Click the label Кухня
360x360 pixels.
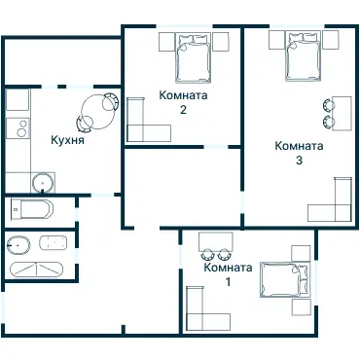67,140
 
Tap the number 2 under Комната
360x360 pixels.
183,110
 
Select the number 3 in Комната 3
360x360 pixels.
299,161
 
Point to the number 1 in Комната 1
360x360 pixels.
229,282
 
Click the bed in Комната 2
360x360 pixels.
194,57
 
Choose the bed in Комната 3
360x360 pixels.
304,55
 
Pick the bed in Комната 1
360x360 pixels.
284,280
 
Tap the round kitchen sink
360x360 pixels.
42,182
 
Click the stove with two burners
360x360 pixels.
18,128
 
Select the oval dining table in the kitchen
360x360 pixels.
97,112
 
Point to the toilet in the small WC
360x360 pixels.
31,208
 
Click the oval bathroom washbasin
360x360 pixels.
18,245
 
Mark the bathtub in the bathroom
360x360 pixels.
37,270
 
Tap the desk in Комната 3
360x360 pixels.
342,113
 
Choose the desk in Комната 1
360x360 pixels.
216,241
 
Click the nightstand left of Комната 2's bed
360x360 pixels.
167,42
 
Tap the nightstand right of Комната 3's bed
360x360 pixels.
331,40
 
